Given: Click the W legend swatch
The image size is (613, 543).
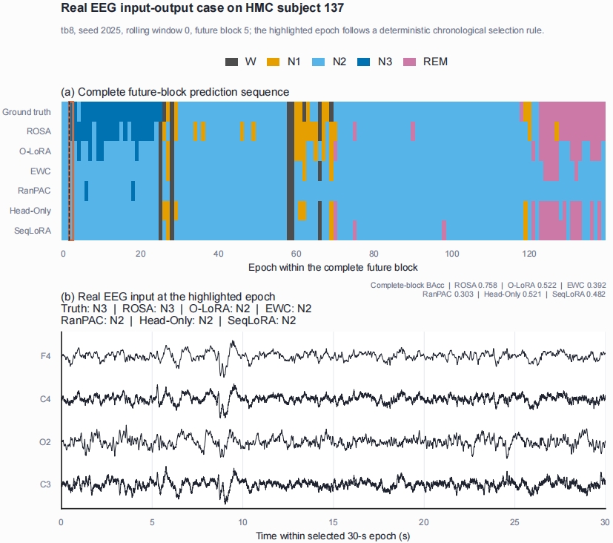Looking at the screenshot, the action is pyautogui.click(x=231, y=62).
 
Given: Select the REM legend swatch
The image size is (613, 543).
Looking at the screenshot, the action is pyautogui.click(x=409, y=62).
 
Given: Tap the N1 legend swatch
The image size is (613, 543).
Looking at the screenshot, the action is pyautogui.click(x=274, y=62).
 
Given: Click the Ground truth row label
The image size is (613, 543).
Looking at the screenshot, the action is pyautogui.click(x=27, y=112).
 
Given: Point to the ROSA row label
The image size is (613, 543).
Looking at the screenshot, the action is pyautogui.click(x=39, y=131).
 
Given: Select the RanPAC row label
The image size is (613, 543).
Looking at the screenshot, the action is pyautogui.click(x=34, y=191).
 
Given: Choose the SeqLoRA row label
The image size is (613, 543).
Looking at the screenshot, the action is pyautogui.click(x=33, y=231).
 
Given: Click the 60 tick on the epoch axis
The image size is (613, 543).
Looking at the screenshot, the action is pyautogui.click(x=296, y=254).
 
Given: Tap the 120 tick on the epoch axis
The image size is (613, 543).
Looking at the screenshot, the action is pyautogui.click(x=529, y=254).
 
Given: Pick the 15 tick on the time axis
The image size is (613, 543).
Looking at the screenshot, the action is pyautogui.click(x=333, y=522).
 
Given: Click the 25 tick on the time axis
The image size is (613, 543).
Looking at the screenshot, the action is pyautogui.click(x=514, y=522).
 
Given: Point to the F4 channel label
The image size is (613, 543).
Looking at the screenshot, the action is pyautogui.click(x=46, y=356).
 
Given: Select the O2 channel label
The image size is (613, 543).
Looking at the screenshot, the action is pyautogui.click(x=45, y=442).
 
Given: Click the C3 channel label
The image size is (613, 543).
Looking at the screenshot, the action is pyautogui.click(x=45, y=484).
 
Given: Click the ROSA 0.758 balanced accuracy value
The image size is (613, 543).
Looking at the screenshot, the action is pyautogui.click(x=475, y=285).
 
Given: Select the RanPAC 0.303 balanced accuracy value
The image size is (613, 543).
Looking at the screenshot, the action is pyautogui.click(x=448, y=294).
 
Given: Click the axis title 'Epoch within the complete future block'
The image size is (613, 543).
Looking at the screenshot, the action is pyautogui.click(x=333, y=267).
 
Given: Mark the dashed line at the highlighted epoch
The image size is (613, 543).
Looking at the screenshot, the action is pyautogui.click(x=69, y=171).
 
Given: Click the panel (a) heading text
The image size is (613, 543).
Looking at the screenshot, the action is pyautogui.click(x=175, y=92).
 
